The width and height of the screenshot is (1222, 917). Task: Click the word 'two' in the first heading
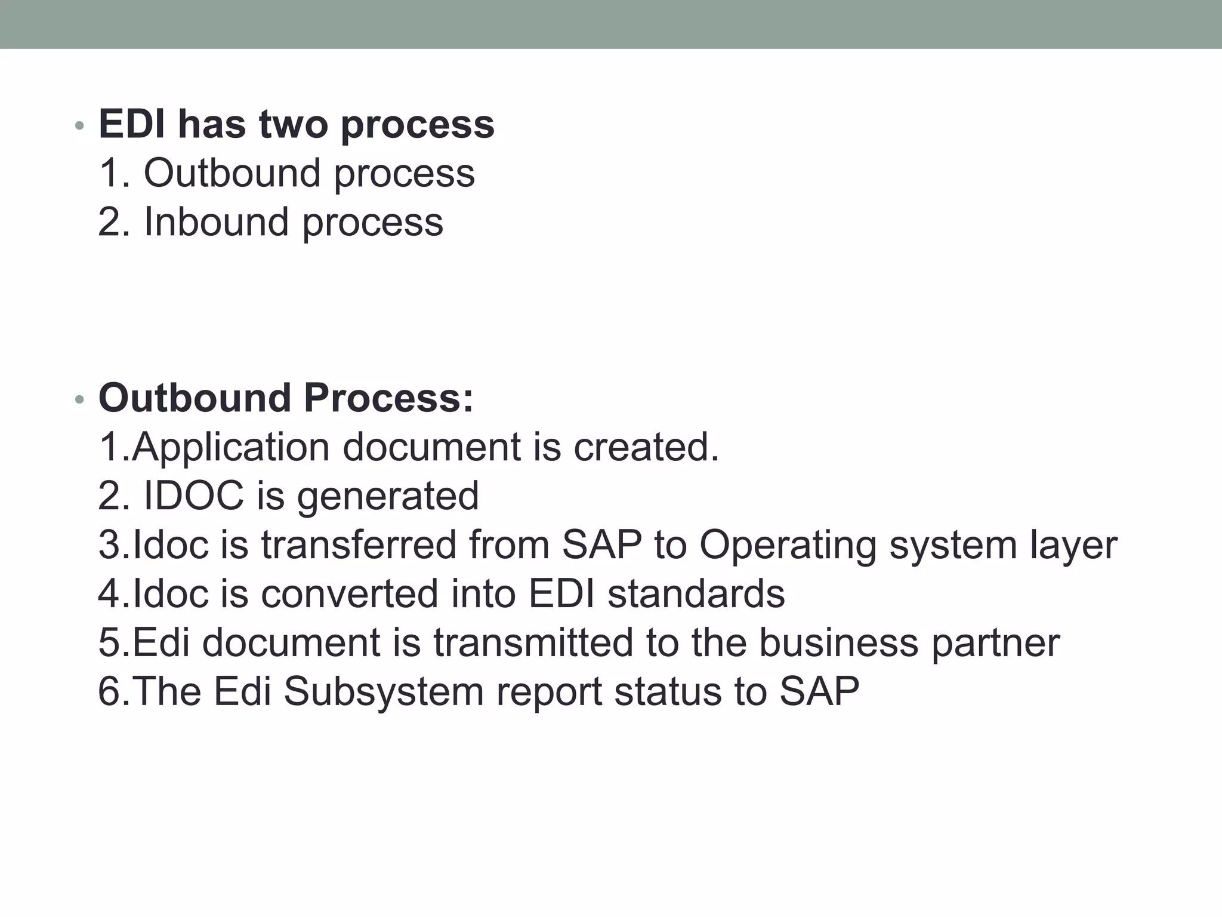293,125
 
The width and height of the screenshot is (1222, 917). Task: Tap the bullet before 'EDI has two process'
79,126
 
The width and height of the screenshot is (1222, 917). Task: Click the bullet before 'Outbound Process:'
79,400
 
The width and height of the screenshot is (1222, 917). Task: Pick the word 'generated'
388,497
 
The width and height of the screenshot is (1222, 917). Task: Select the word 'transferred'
358,545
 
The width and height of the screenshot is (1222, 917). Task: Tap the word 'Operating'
788,546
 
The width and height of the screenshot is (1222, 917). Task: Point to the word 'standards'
696,594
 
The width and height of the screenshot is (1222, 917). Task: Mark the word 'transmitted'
533,643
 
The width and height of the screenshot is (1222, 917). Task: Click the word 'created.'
646,448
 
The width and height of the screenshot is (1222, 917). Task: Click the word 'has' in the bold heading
212,125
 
